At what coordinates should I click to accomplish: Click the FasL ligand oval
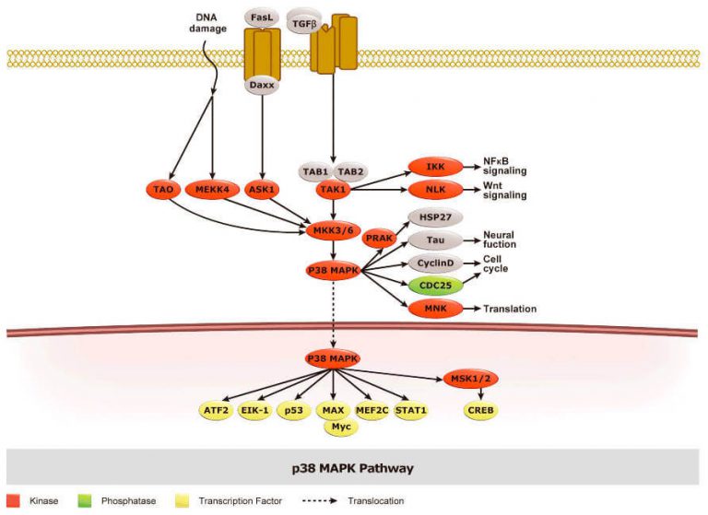[262, 18]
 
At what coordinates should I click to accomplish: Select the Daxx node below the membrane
[262, 86]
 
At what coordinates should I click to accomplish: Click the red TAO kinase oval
[163, 190]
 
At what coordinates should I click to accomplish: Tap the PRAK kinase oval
[379, 238]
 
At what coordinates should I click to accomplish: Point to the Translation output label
[510, 309]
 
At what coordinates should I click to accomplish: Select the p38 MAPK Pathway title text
[353, 468]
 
